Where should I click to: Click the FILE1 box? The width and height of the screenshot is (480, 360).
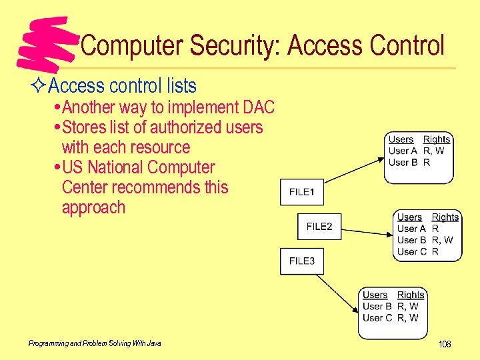pos(302,192)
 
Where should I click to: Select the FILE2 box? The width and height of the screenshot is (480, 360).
pos(319,227)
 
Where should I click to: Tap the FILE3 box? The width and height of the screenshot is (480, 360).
pos(302,261)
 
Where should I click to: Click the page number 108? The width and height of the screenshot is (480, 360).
pos(445,344)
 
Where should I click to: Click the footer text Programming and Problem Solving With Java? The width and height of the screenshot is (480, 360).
pos(95,343)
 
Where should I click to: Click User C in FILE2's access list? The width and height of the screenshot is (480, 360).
pos(411,252)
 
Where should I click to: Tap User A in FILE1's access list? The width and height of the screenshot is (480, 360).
pos(403,151)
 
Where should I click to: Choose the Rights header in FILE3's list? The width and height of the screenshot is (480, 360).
pos(411,295)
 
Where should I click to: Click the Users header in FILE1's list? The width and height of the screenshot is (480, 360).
pos(401,139)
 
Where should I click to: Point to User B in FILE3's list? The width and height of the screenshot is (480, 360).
pos(377,307)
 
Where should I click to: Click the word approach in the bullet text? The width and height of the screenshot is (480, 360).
pos(93,207)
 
